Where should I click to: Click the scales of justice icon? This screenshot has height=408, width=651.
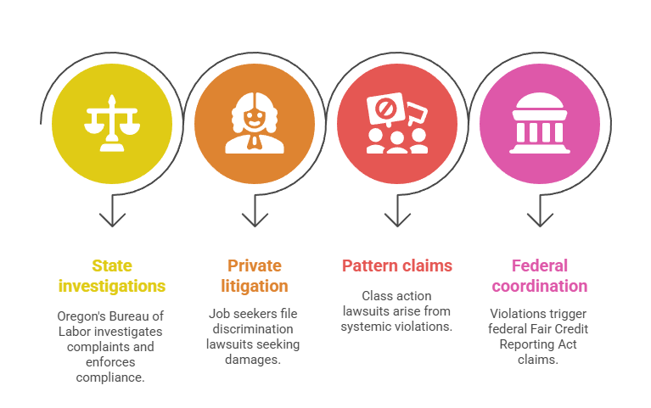coord(112,123)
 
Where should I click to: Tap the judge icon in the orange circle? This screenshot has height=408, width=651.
coord(255,123)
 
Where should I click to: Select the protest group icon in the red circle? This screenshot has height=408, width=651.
coord(397,123)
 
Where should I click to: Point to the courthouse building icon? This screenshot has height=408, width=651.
coord(540,123)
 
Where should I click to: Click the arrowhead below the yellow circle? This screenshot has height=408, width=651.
coord(112,220)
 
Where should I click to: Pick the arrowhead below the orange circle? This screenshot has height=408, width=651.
coord(255,220)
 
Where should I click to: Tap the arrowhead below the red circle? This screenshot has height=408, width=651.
coord(397,220)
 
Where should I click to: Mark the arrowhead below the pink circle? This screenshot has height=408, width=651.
coord(540,220)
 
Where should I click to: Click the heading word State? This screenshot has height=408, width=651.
coord(112,265)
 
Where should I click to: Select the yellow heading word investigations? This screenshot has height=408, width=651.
coord(112,286)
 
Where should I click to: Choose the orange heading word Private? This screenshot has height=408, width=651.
coord(255,265)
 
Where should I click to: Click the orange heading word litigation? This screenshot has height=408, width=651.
coord(255,286)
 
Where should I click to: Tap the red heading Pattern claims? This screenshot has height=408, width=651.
coord(397,265)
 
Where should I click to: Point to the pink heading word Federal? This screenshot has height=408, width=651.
coord(540,265)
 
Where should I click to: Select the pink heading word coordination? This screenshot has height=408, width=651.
coord(540,286)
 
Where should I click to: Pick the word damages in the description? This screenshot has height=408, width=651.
coord(253,360)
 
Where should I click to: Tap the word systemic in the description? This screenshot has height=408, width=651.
coord(366,327)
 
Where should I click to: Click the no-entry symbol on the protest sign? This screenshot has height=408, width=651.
coord(385,109)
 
